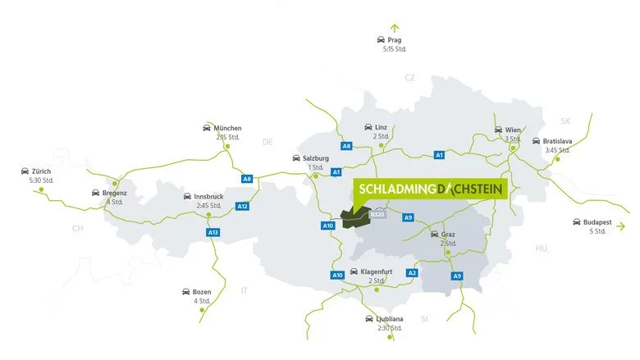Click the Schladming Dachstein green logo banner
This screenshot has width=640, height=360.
pos(432,189)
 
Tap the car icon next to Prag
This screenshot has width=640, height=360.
pos(381,39)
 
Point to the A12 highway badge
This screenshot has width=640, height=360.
pos(241,206)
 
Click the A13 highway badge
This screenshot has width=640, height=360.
pos(213,233)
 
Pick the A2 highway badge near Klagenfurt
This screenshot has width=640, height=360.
pos(412,272)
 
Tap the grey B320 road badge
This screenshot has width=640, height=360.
pos(377,214)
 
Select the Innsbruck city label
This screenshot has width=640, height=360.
pos(209,197)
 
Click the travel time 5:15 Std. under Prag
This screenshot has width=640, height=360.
pos(395,49)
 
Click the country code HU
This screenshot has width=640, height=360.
pos(541,247)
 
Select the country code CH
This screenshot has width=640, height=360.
pos(78,228)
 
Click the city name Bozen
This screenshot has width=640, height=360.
pos(202,291)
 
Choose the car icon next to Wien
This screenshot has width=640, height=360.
pos(497,130)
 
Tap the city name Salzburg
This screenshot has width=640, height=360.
pos(316,157)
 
